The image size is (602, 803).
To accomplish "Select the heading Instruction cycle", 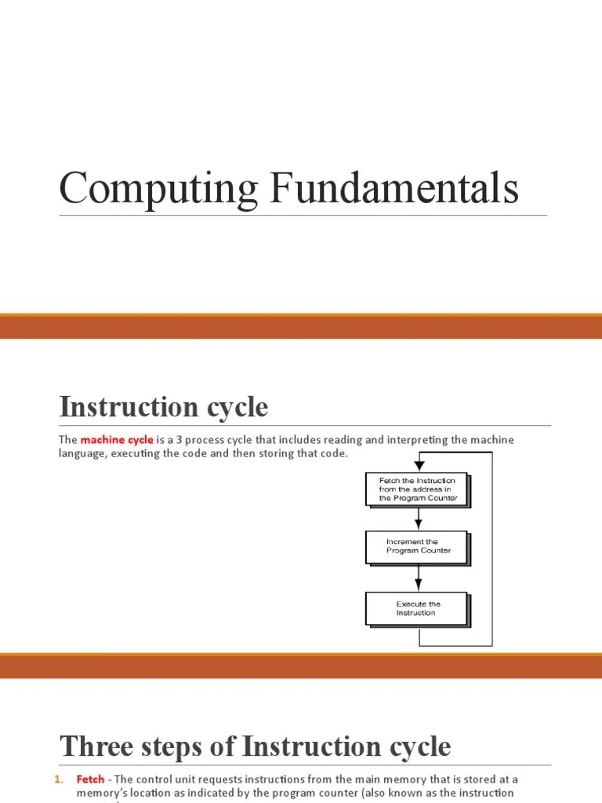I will click(x=164, y=407).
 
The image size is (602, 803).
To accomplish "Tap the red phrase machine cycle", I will click(x=117, y=439).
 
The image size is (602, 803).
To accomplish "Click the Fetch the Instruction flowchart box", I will click(x=417, y=490).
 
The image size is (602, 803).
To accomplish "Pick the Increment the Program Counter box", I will click(x=417, y=547).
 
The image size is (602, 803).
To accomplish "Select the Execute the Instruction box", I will click(x=417, y=609).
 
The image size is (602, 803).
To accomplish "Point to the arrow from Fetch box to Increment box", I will click(x=419, y=518).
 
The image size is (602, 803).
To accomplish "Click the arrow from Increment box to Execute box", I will click(x=419, y=578).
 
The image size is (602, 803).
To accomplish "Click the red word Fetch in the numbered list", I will click(x=90, y=779).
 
